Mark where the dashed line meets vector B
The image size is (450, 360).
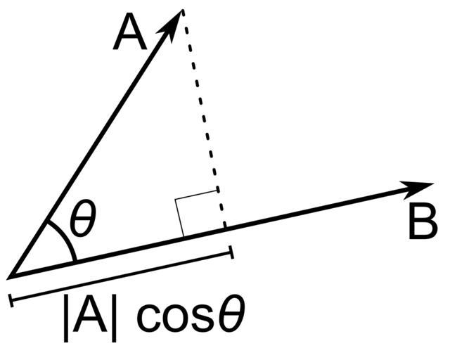224,229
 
